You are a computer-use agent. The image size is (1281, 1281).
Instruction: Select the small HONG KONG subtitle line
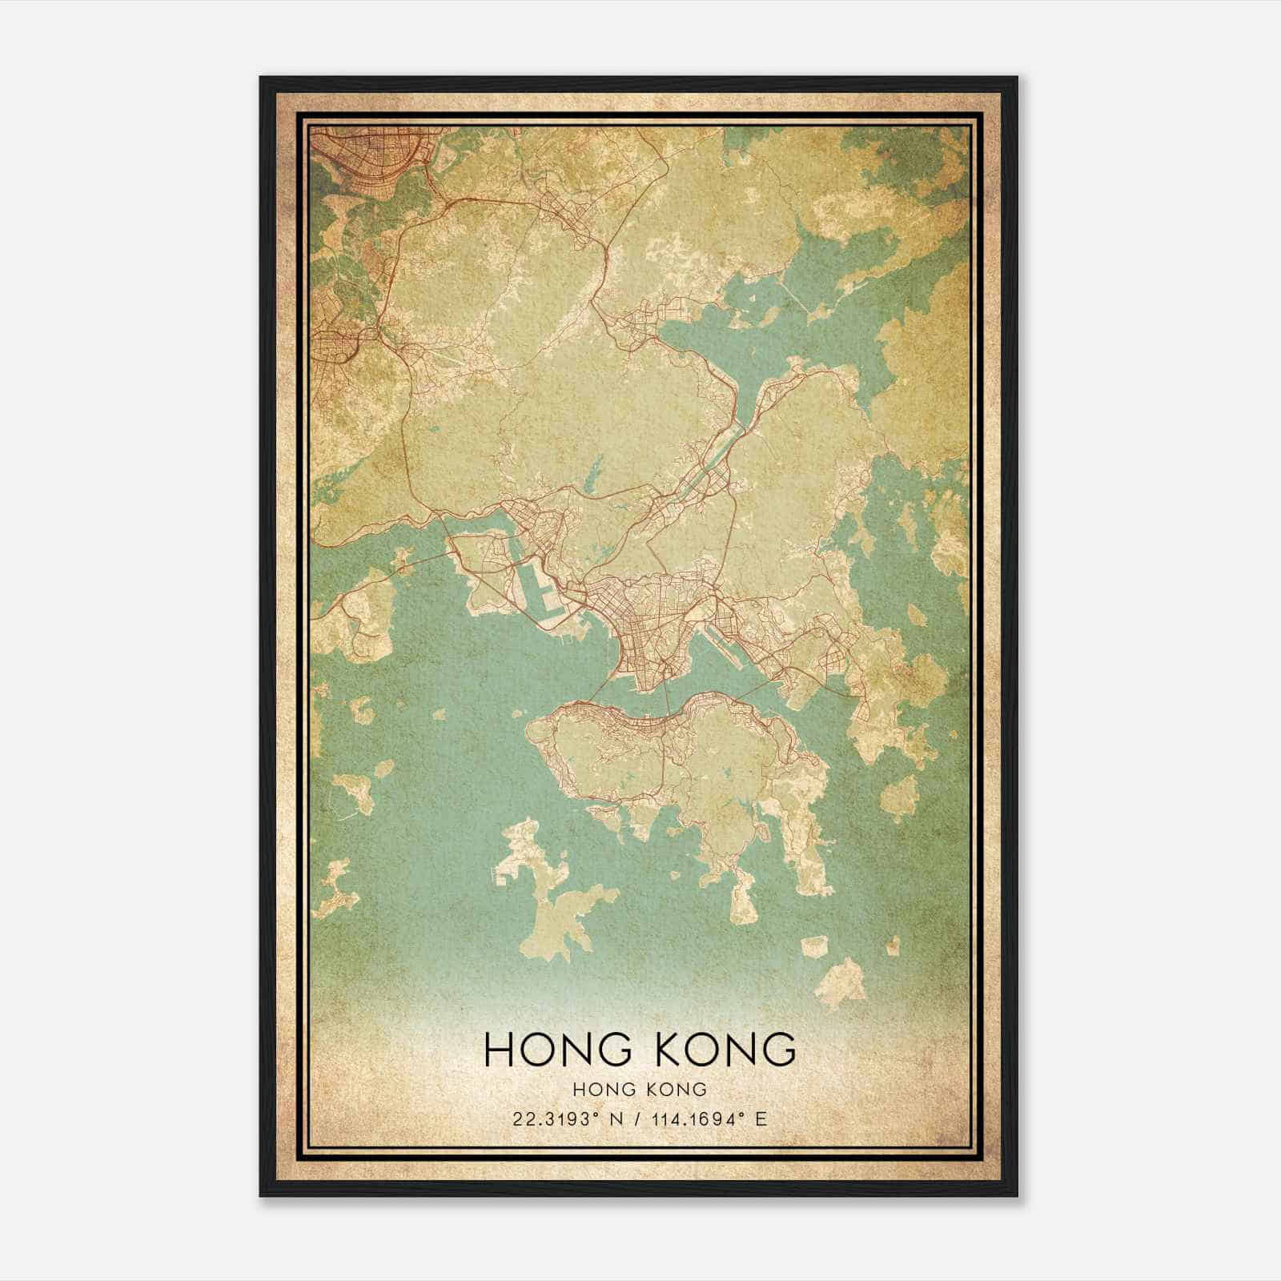(x=640, y=1089)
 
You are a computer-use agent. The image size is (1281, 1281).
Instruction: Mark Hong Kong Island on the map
(x=681, y=761)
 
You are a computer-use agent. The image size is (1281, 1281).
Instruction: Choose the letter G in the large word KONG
(x=781, y=1050)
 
